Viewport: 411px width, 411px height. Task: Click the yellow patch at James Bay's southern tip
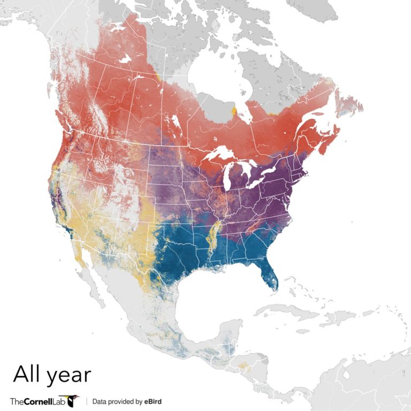[234, 111]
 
